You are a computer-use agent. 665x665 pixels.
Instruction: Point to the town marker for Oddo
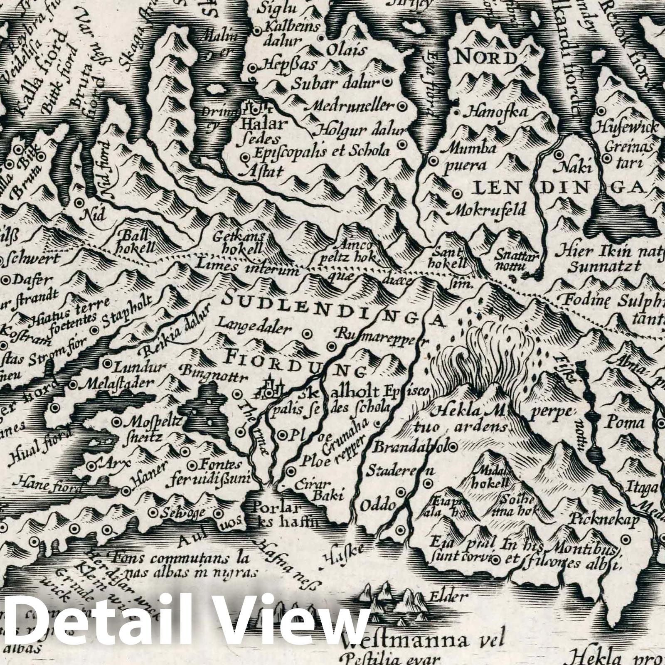click(401, 492)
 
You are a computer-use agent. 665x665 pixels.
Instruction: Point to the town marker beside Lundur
click(107, 363)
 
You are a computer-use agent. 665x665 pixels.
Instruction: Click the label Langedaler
click(254, 329)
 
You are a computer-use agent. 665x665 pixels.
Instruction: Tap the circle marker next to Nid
click(79, 202)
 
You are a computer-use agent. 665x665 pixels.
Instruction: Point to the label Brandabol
click(409, 447)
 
